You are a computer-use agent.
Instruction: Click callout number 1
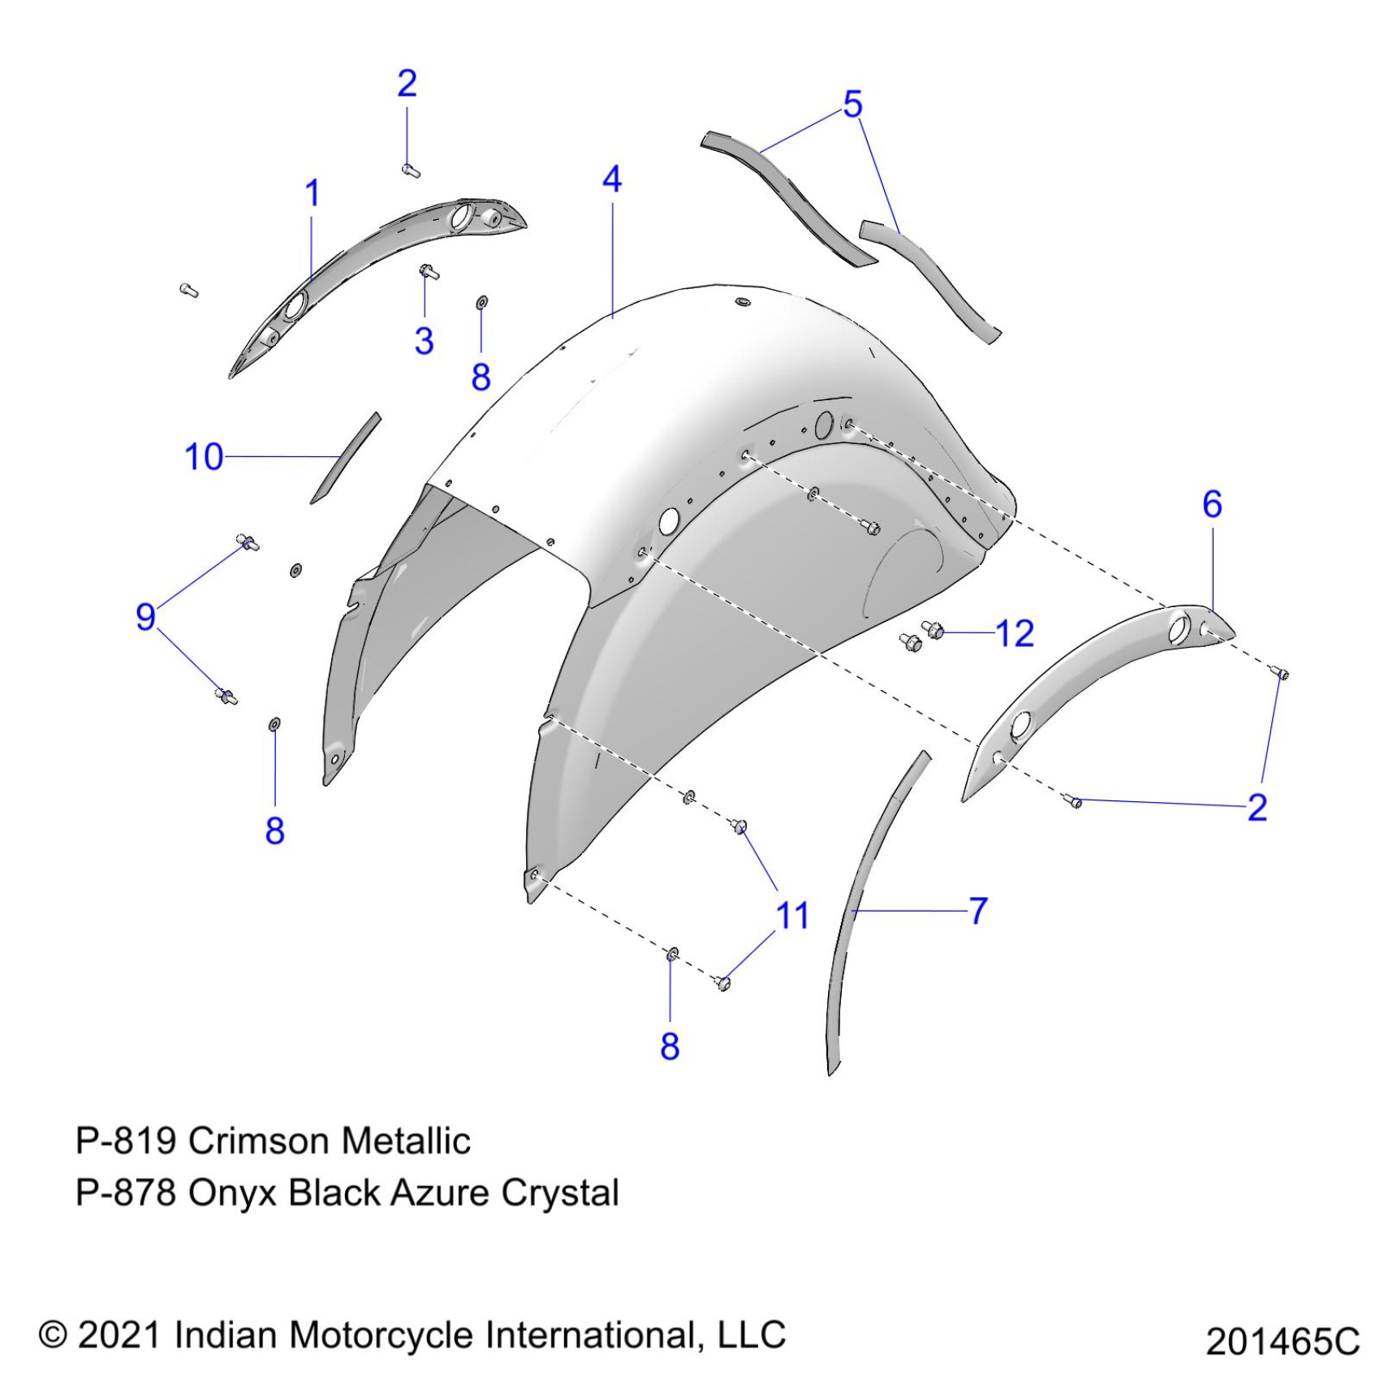click(313, 194)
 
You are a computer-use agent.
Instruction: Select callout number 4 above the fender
click(612, 179)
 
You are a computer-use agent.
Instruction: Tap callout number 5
click(852, 105)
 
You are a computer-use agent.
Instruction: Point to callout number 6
click(1212, 505)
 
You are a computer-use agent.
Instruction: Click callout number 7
click(979, 911)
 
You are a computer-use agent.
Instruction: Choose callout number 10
click(204, 457)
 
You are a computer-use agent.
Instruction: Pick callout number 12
click(1015, 634)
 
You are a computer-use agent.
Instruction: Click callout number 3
click(424, 341)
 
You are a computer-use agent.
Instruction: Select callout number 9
click(145, 617)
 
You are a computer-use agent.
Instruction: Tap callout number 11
click(792, 916)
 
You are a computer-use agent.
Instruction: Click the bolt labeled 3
click(428, 272)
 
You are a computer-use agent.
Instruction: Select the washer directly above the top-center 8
click(481, 303)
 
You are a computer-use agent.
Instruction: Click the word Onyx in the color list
click(233, 1193)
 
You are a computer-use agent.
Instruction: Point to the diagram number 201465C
click(1282, 1341)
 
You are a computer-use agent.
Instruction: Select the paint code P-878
click(125, 1193)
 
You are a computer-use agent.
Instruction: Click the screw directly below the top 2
click(411, 170)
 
